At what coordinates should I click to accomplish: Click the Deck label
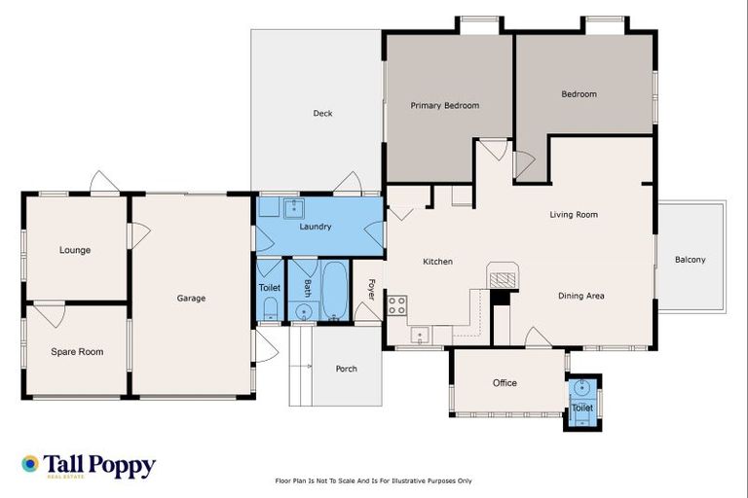point(322,114)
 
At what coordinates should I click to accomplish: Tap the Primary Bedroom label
point(444,105)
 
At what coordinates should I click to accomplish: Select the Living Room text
point(573,215)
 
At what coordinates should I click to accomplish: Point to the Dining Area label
point(581,296)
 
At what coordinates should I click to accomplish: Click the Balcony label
point(690,260)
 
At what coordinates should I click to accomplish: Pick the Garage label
point(191,299)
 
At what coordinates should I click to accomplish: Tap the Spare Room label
point(77,351)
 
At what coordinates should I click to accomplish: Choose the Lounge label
point(75,250)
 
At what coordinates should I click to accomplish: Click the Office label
point(505,383)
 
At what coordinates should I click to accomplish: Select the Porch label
point(346,369)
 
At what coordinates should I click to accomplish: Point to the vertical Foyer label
point(371,288)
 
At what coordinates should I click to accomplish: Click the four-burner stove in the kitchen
point(397,304)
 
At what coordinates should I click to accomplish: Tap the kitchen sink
point(420,336)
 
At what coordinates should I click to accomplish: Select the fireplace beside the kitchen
point(501,278)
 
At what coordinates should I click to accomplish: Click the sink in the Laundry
point(292,207)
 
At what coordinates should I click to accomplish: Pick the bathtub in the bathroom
point(334,289)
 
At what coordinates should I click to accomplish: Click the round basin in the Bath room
point(303,312)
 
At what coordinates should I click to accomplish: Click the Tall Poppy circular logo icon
point(30,465)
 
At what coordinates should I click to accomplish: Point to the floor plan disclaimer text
point(374,480)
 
